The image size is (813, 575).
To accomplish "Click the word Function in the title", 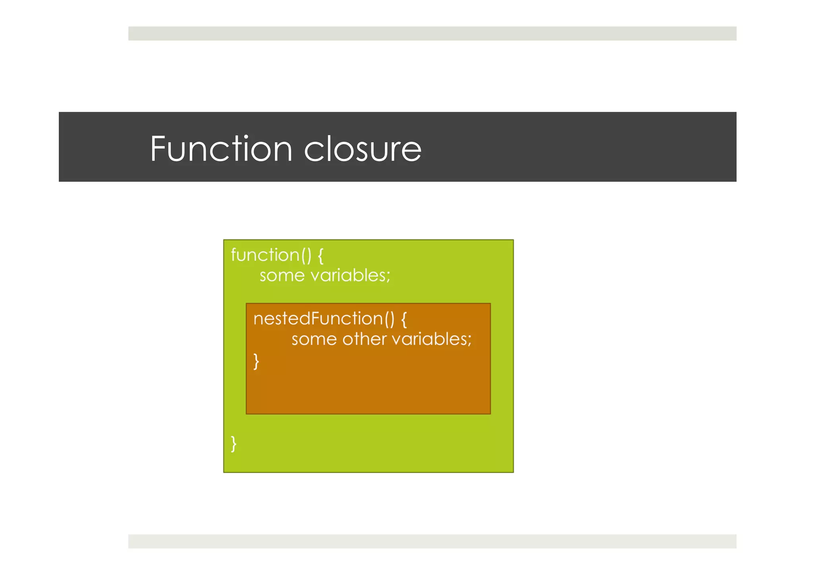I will (221, 149).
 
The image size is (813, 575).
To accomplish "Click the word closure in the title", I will (362, 149).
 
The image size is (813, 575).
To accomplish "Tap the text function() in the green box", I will (271, 255).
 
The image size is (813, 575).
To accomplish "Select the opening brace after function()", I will (321, 255).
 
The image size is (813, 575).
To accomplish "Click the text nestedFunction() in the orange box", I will (324, 319).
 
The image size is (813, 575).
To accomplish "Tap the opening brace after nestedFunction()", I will (404, 319).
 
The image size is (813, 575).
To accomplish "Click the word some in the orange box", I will (314, 339).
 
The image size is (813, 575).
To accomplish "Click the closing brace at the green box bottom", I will (234, 443).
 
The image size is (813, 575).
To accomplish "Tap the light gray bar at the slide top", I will (432, 33).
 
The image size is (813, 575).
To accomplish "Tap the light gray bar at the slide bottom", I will (432, 541).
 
